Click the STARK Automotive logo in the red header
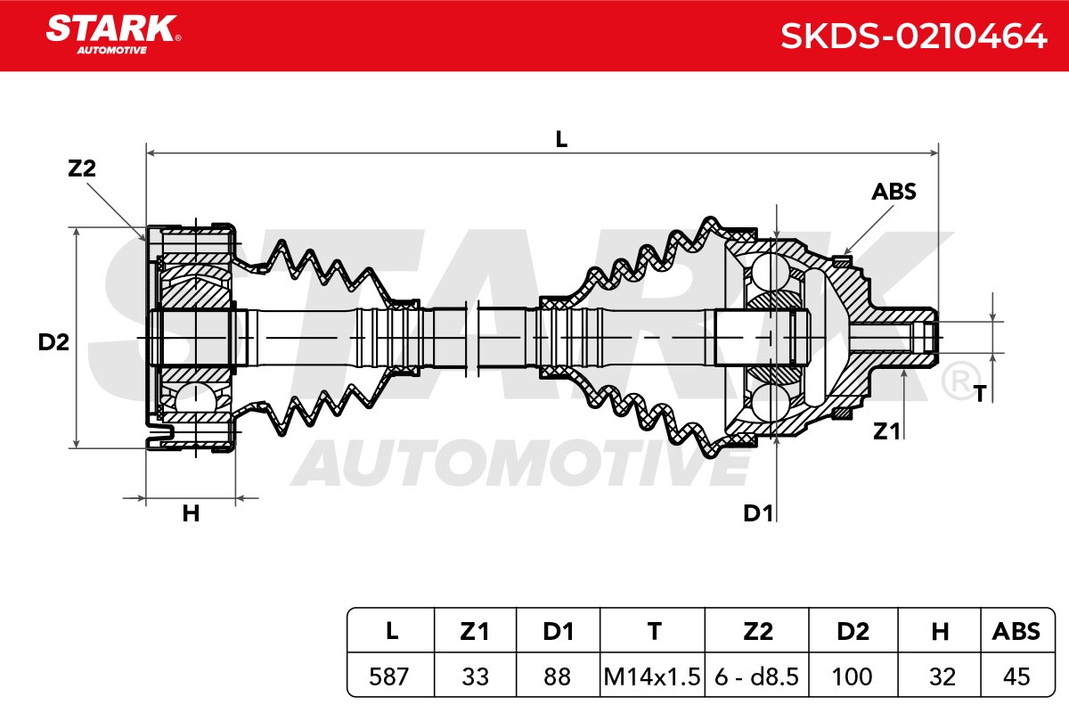point(113,35)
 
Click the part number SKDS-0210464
point(913,36)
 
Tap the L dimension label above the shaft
point(561,139)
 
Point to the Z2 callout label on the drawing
point(82,168)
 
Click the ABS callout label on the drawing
point(894,192)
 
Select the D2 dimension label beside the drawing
point(53,342)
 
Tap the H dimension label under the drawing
point(191,514)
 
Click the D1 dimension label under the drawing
point(758,513)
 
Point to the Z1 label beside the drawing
point(886,431)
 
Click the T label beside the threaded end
point(980,394)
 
